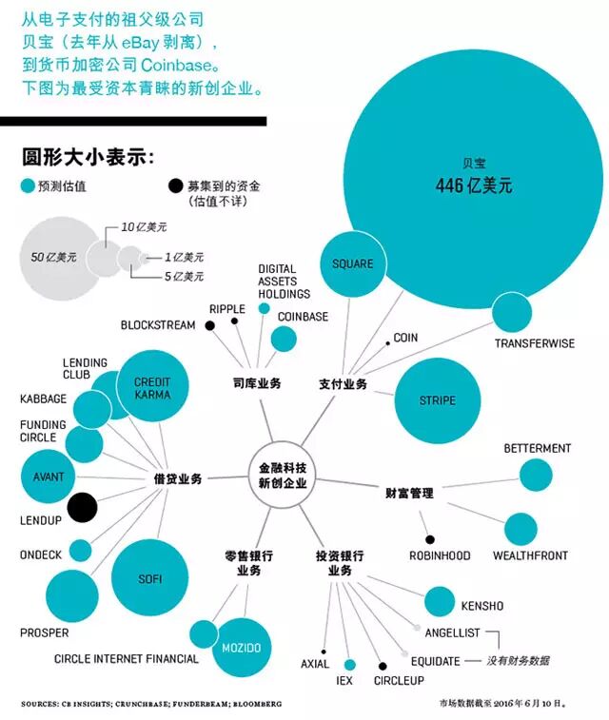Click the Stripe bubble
click(437, 400)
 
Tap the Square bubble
click(352, 263)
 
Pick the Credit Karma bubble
click(152, 387)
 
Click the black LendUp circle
click(81, 507)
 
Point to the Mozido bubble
click(241, 648)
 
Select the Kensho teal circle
click(440, 602)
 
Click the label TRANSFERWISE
click(534, 343)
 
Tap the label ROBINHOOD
click(441, 555)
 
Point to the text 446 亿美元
click(474, 186)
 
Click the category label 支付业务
click(343, 384)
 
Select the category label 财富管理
click(409, 493)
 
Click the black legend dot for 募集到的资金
click(175, 186)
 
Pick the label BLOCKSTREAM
click(158, 325)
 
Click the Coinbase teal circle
click(284, 339)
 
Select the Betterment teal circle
click(535, 475)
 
